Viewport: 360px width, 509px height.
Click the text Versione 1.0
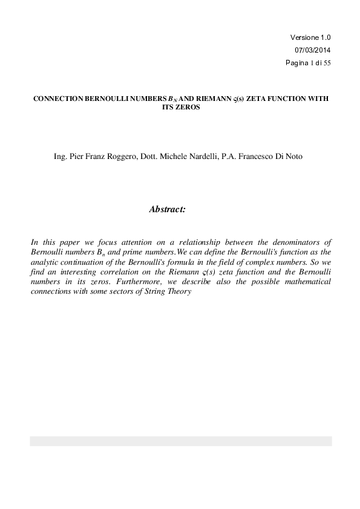point(310,37)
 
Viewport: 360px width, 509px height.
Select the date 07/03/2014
point(312,50)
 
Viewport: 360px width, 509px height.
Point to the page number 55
point(327,63)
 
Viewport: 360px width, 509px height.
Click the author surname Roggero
point(121,157)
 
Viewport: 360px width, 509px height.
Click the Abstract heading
point(167,209)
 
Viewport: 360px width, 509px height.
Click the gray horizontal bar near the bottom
point(180,441)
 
